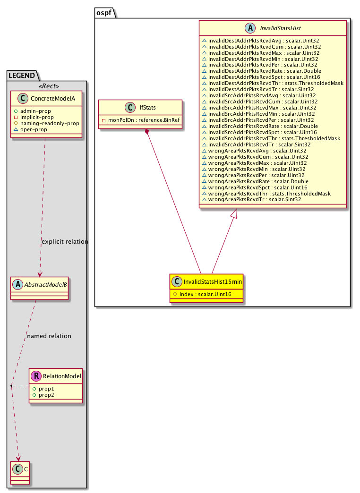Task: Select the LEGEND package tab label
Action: [21, 75]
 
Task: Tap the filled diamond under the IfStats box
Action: [148, 131]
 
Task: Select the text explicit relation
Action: [65, 241]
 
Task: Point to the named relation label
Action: [49, 336]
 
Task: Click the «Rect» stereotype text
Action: [47, 86]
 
